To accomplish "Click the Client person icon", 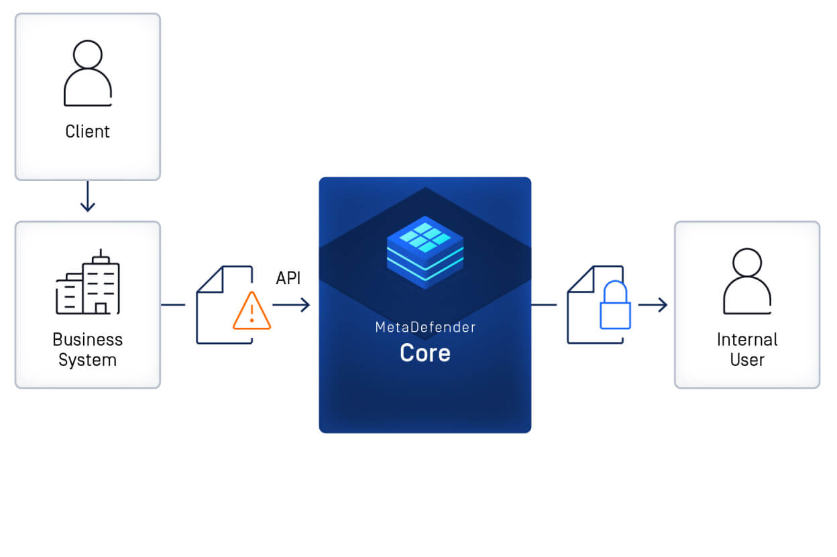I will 87,74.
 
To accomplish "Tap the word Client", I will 87,131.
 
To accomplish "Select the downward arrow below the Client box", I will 87,198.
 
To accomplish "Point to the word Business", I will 87,339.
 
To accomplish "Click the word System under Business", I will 87,360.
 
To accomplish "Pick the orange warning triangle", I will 252,311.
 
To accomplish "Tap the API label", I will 288,278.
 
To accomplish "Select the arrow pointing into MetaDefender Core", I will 292,305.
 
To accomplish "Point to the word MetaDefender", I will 425,328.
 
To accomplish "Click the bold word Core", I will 425,353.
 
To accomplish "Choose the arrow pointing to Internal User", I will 653,305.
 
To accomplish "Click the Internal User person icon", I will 747,282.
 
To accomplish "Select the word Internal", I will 747,339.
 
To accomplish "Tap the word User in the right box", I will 747,360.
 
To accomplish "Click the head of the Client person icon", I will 87,54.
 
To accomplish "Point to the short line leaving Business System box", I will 173,305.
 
